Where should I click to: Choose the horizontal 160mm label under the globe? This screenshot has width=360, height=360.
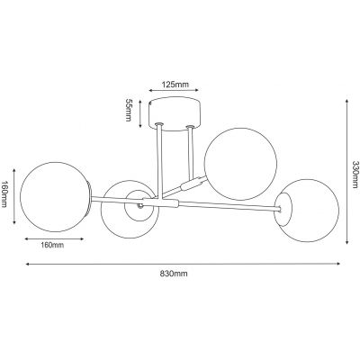(51, 244)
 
